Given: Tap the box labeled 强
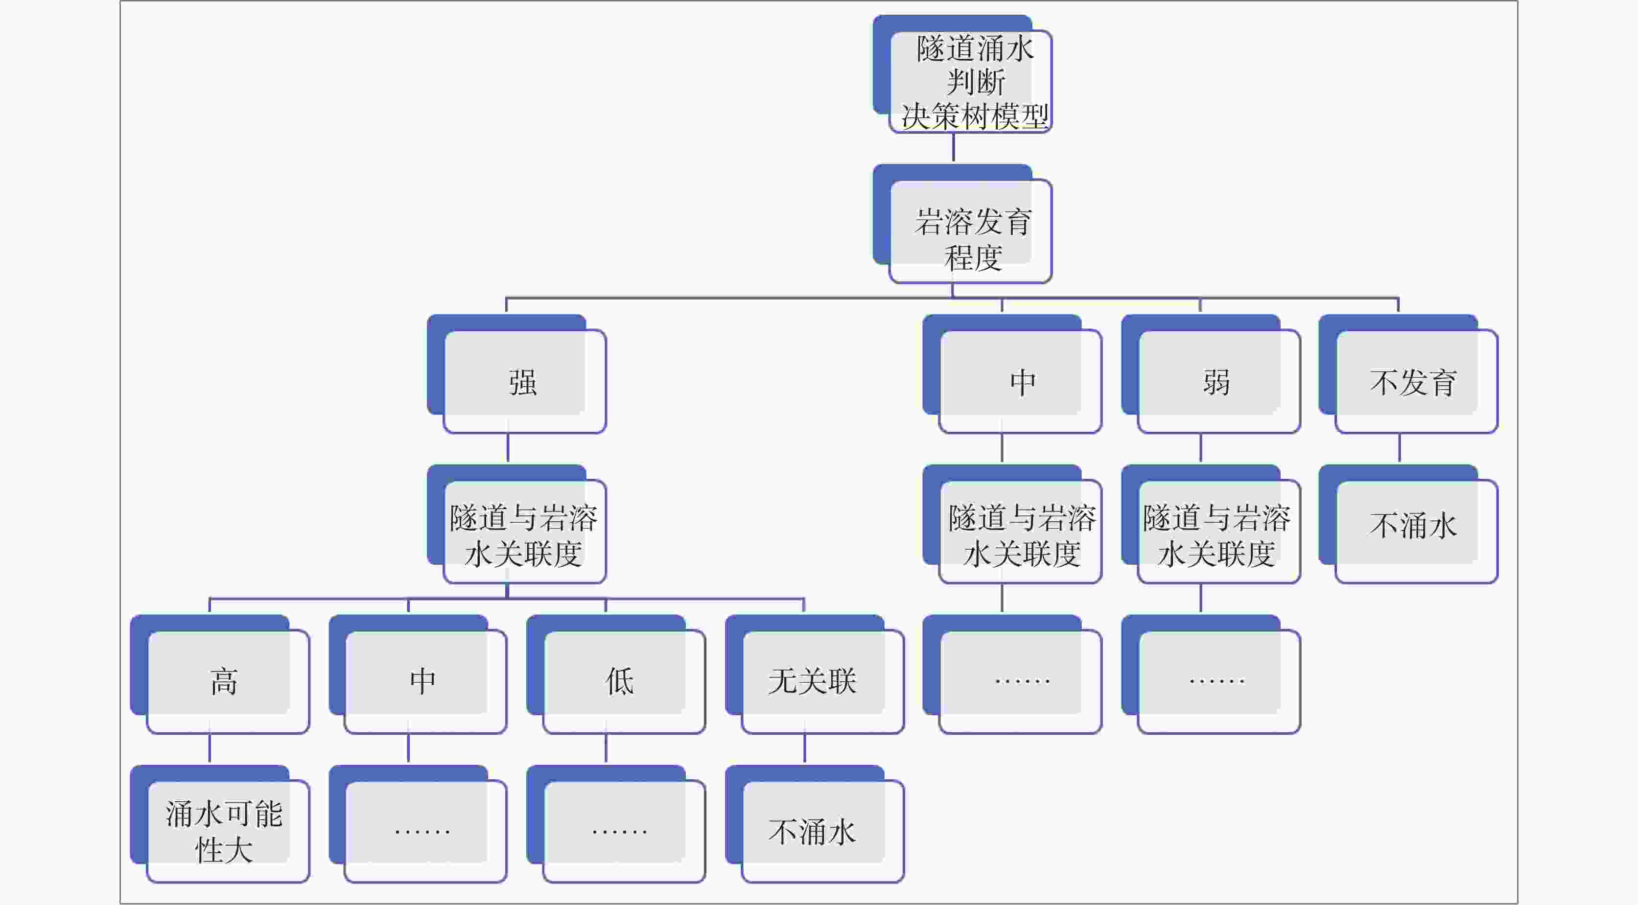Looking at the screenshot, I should tap(524, 382).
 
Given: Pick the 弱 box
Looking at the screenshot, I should tap(1217, 382).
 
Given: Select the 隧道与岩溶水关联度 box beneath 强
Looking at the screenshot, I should tap(524, 532).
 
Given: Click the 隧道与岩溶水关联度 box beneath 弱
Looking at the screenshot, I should tap(1217, 532).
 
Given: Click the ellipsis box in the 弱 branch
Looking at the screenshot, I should tap(1217, 682).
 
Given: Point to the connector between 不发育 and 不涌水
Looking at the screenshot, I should tap(1399, 449).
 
